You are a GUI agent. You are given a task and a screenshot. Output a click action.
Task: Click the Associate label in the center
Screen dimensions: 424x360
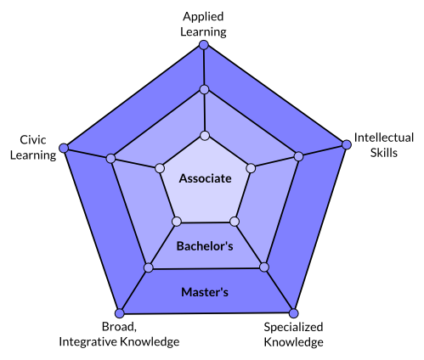206,178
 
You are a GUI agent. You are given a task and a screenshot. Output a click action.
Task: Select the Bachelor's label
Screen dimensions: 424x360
205,246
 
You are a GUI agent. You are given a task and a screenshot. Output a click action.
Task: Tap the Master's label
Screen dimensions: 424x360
205,292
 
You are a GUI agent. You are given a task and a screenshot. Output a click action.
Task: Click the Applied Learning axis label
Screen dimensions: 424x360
203,24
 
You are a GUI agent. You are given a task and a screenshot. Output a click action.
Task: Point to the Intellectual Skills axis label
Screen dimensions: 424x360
384,145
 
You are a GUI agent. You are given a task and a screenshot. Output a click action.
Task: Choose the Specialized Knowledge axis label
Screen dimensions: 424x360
293,335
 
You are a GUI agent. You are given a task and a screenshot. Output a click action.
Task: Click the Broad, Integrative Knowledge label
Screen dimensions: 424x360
119,335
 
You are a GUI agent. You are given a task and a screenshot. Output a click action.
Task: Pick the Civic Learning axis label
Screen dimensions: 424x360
33,148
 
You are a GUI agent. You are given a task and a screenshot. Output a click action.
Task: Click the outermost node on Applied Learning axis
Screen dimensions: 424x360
204,45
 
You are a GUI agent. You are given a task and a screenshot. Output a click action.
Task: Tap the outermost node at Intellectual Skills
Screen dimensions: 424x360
347,144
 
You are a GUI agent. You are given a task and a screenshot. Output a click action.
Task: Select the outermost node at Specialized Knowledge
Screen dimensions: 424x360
294,313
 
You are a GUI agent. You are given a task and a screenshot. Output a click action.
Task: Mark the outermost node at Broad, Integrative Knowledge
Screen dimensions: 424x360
120,313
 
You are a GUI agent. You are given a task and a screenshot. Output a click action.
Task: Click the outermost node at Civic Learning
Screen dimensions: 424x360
64,148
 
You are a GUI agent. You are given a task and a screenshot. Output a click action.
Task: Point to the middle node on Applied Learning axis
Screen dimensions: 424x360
204,90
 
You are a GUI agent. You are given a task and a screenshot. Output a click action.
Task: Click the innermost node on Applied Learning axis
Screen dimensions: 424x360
205,136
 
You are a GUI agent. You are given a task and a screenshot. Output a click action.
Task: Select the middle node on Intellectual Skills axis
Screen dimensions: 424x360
298,156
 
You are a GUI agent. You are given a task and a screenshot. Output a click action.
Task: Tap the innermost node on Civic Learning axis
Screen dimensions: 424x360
160,168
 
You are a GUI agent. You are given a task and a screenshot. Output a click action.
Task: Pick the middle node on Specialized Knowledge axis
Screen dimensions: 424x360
264,267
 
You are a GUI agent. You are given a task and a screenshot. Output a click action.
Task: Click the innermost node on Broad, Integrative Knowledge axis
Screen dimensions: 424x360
177,222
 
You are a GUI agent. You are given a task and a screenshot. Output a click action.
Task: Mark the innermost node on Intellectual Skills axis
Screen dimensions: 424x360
251,168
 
